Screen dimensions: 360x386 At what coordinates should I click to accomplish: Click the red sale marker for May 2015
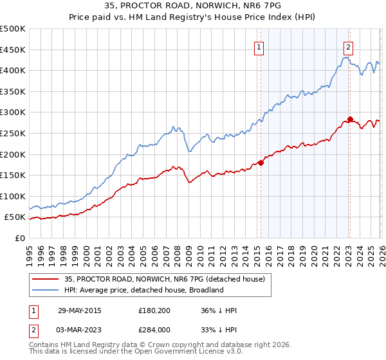[261, 163]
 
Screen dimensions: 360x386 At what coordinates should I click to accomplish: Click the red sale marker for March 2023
[350, 119]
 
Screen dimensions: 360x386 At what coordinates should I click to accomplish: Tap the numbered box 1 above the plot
[259, 46]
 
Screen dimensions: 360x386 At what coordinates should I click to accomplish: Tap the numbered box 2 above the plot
[348, 46]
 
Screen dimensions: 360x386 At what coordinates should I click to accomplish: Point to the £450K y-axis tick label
[13, 50]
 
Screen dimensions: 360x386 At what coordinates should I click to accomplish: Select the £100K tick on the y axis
[13, 196]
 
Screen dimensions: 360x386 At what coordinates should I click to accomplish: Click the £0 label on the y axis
[19, 238]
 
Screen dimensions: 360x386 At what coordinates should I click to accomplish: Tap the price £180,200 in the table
[155, 310]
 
